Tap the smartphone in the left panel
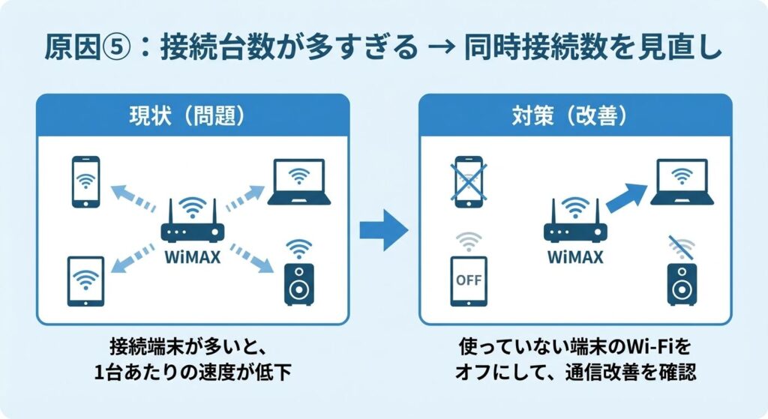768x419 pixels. pos(85,181)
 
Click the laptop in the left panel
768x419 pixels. pos(298,181)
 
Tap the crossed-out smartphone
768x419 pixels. pos(468,181)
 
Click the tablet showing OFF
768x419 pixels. pos(469,281)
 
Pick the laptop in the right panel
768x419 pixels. pos(682,181)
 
